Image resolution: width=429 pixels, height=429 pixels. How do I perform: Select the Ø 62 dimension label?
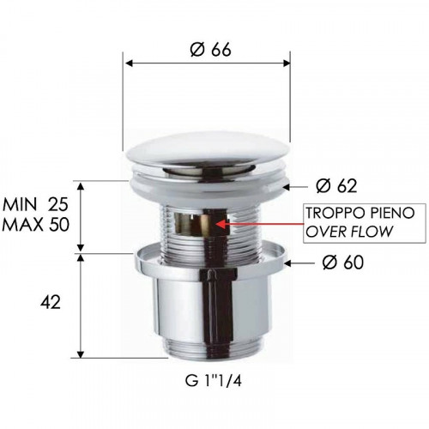[x=335, y=186]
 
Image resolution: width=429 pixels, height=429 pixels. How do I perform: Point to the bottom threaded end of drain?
[x=209, y=350]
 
